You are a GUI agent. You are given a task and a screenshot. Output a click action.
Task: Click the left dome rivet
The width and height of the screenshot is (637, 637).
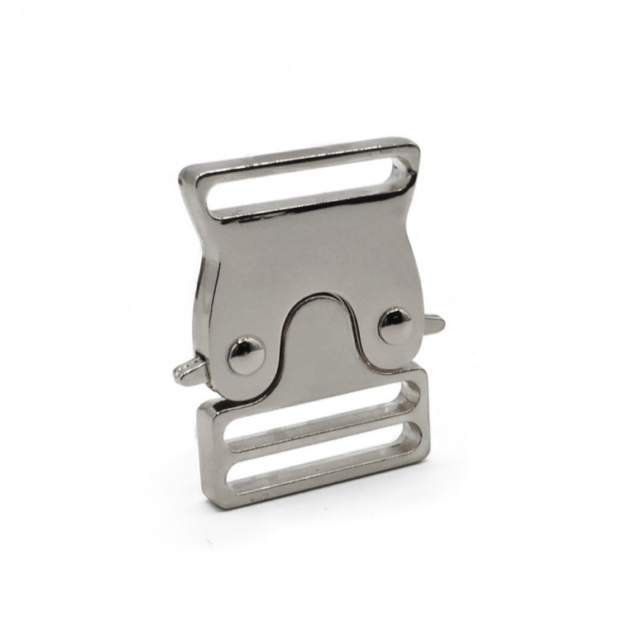(245, 355)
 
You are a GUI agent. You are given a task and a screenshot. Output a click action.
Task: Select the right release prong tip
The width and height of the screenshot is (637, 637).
(440, 323)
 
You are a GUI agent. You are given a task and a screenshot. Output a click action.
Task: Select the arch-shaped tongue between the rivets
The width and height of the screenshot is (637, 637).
(318, 347)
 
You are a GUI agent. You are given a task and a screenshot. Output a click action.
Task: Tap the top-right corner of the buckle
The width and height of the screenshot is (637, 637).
(415, 142)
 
